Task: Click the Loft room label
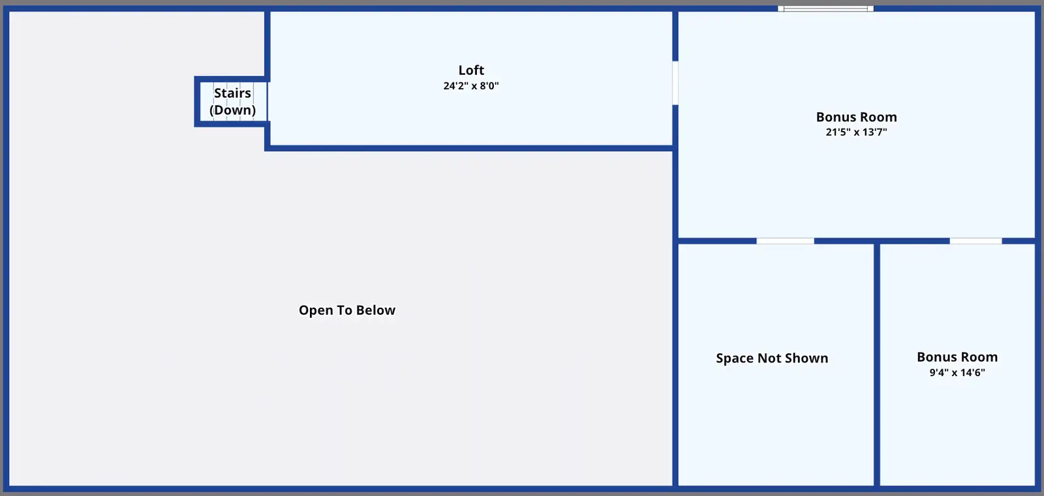coord(471,70)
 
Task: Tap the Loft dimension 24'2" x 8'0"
coord(471,85)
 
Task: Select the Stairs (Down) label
coord(232,102)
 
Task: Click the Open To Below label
coord(347,310)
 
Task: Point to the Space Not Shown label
coord(773,358)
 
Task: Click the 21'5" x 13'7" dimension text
coord(857,132)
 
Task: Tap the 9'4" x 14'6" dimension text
coord(957,373)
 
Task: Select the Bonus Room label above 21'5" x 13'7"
coord(857,117)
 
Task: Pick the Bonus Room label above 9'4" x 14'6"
coord(957,357)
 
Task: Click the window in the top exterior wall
coord(825,8)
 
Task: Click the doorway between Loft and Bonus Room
coord(675,83)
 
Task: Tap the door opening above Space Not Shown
coord(786,241)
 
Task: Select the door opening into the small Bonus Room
coord(976,241)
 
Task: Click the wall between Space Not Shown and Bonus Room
coord(877,364)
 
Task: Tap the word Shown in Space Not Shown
coord(806,358)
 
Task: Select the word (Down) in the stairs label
coord(232,110)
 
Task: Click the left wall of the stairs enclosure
coord(197,102)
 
